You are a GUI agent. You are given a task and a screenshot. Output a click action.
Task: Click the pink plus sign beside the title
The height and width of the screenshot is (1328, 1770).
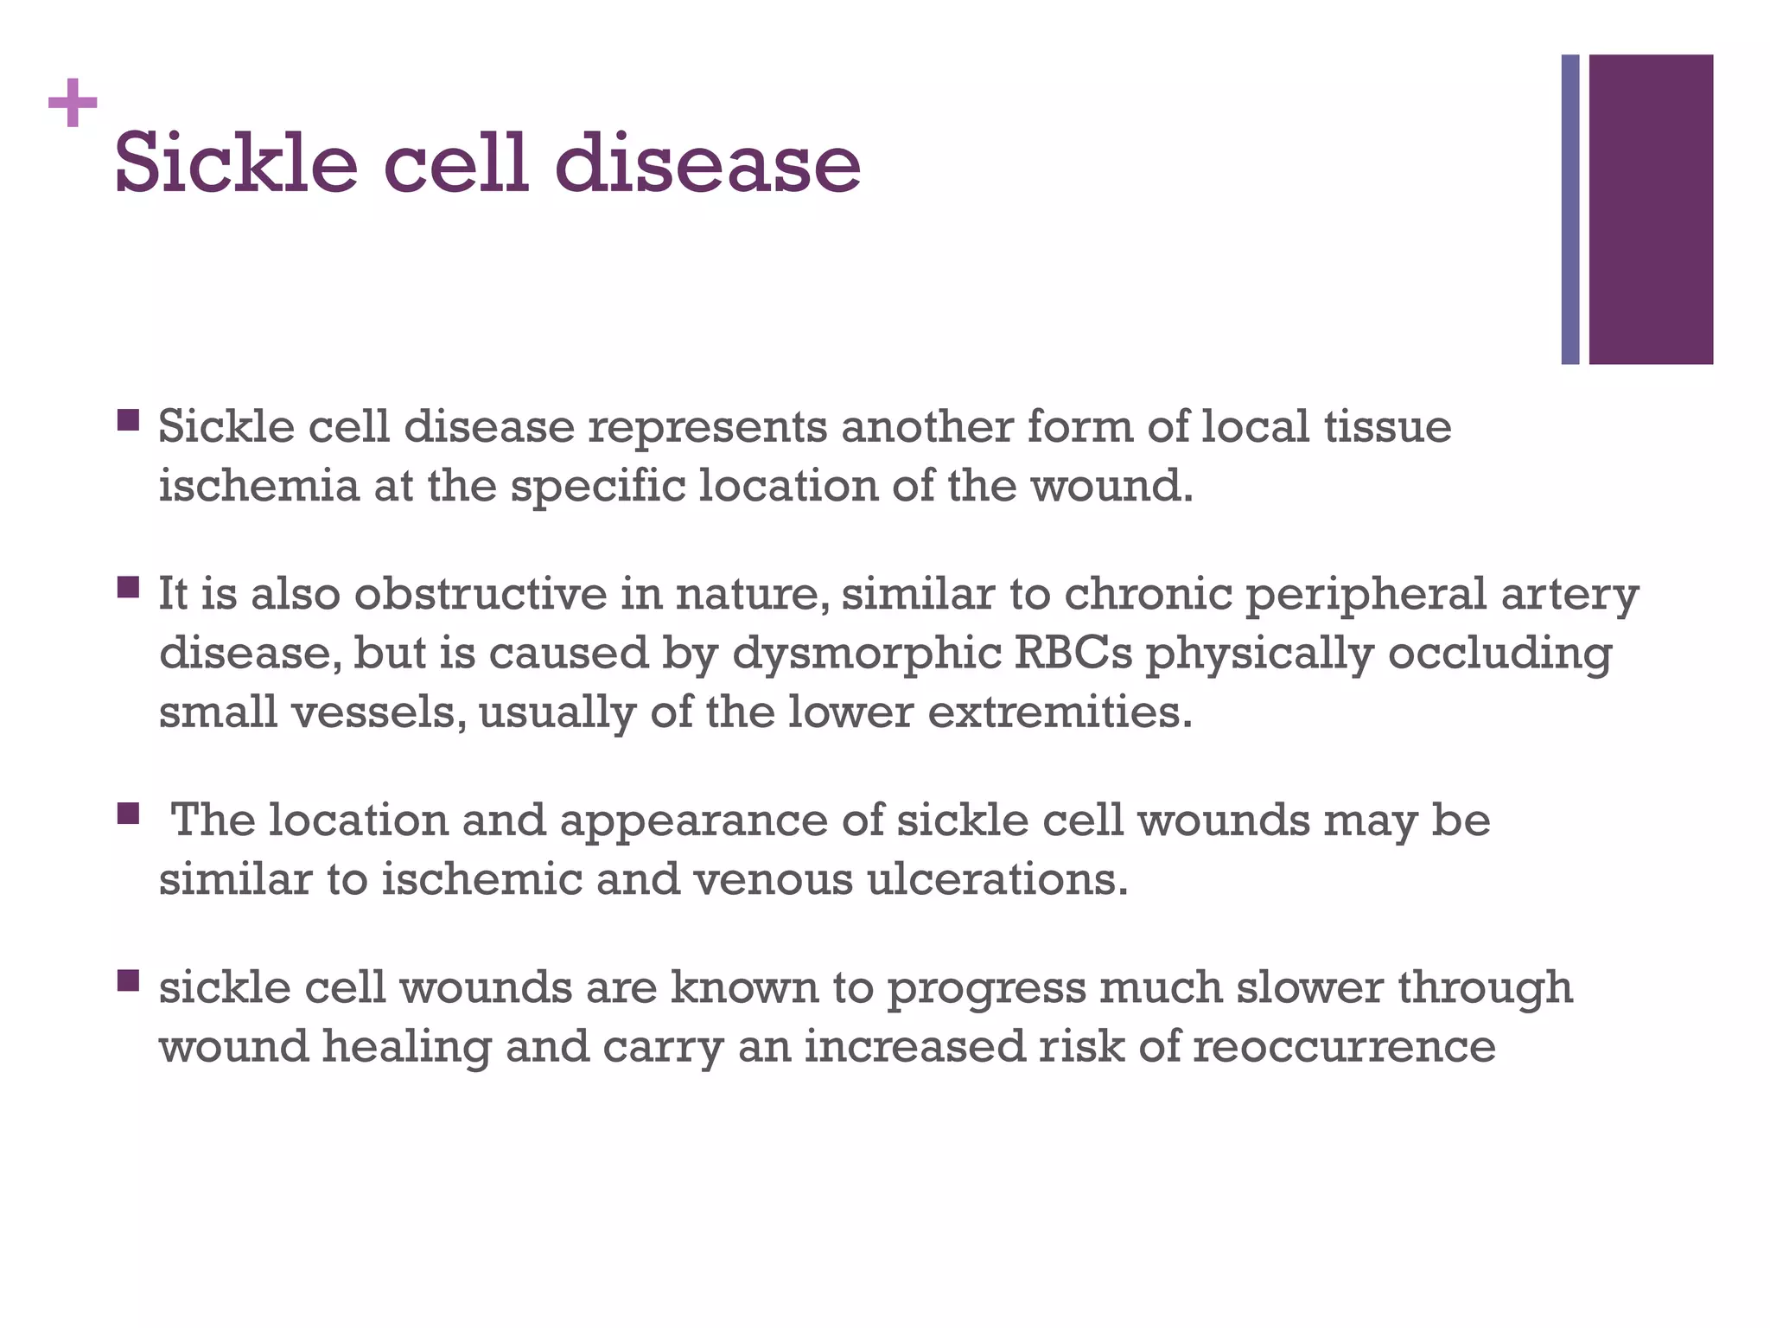[73, 103]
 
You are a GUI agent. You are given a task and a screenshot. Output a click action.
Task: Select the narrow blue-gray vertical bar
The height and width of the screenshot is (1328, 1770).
[1570, 209]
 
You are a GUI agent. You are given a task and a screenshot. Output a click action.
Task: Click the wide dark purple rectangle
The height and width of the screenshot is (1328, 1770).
[1651, 209]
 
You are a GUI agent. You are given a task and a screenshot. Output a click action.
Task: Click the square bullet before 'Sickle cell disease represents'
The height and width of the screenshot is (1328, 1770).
[128, 421]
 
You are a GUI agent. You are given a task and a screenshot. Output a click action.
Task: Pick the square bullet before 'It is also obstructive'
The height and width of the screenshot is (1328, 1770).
[128, 588]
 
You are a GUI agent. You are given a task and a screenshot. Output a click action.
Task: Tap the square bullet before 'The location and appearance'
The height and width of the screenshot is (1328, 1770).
[128, 814]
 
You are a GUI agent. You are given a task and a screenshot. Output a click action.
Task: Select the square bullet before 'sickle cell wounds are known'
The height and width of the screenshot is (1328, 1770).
[128, 980]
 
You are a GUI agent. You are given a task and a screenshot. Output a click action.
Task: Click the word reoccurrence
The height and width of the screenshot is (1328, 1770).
[1344, 1047]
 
